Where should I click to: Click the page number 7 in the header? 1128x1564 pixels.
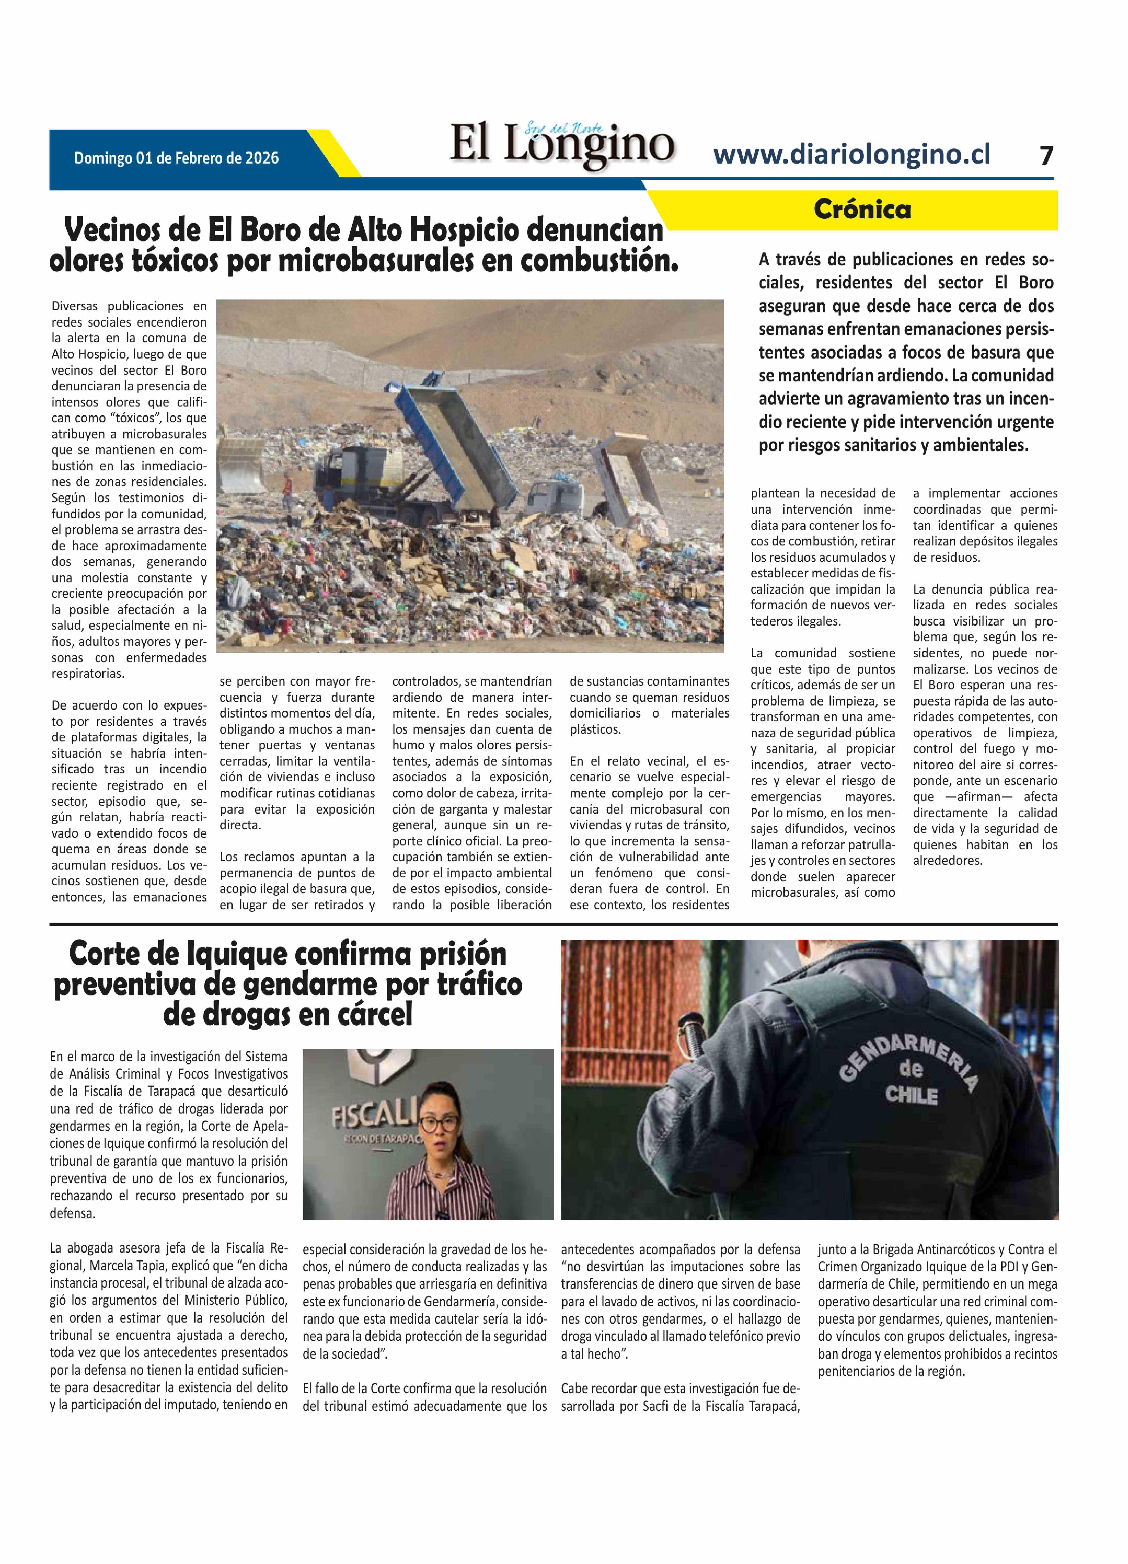pyautogui.click(x=1046, y=156)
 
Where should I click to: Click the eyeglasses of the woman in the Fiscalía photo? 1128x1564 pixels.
pyautogui.click(x=438, y=1123)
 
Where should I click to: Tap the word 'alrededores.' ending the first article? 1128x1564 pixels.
pyautogui.click(x=947, y=861)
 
